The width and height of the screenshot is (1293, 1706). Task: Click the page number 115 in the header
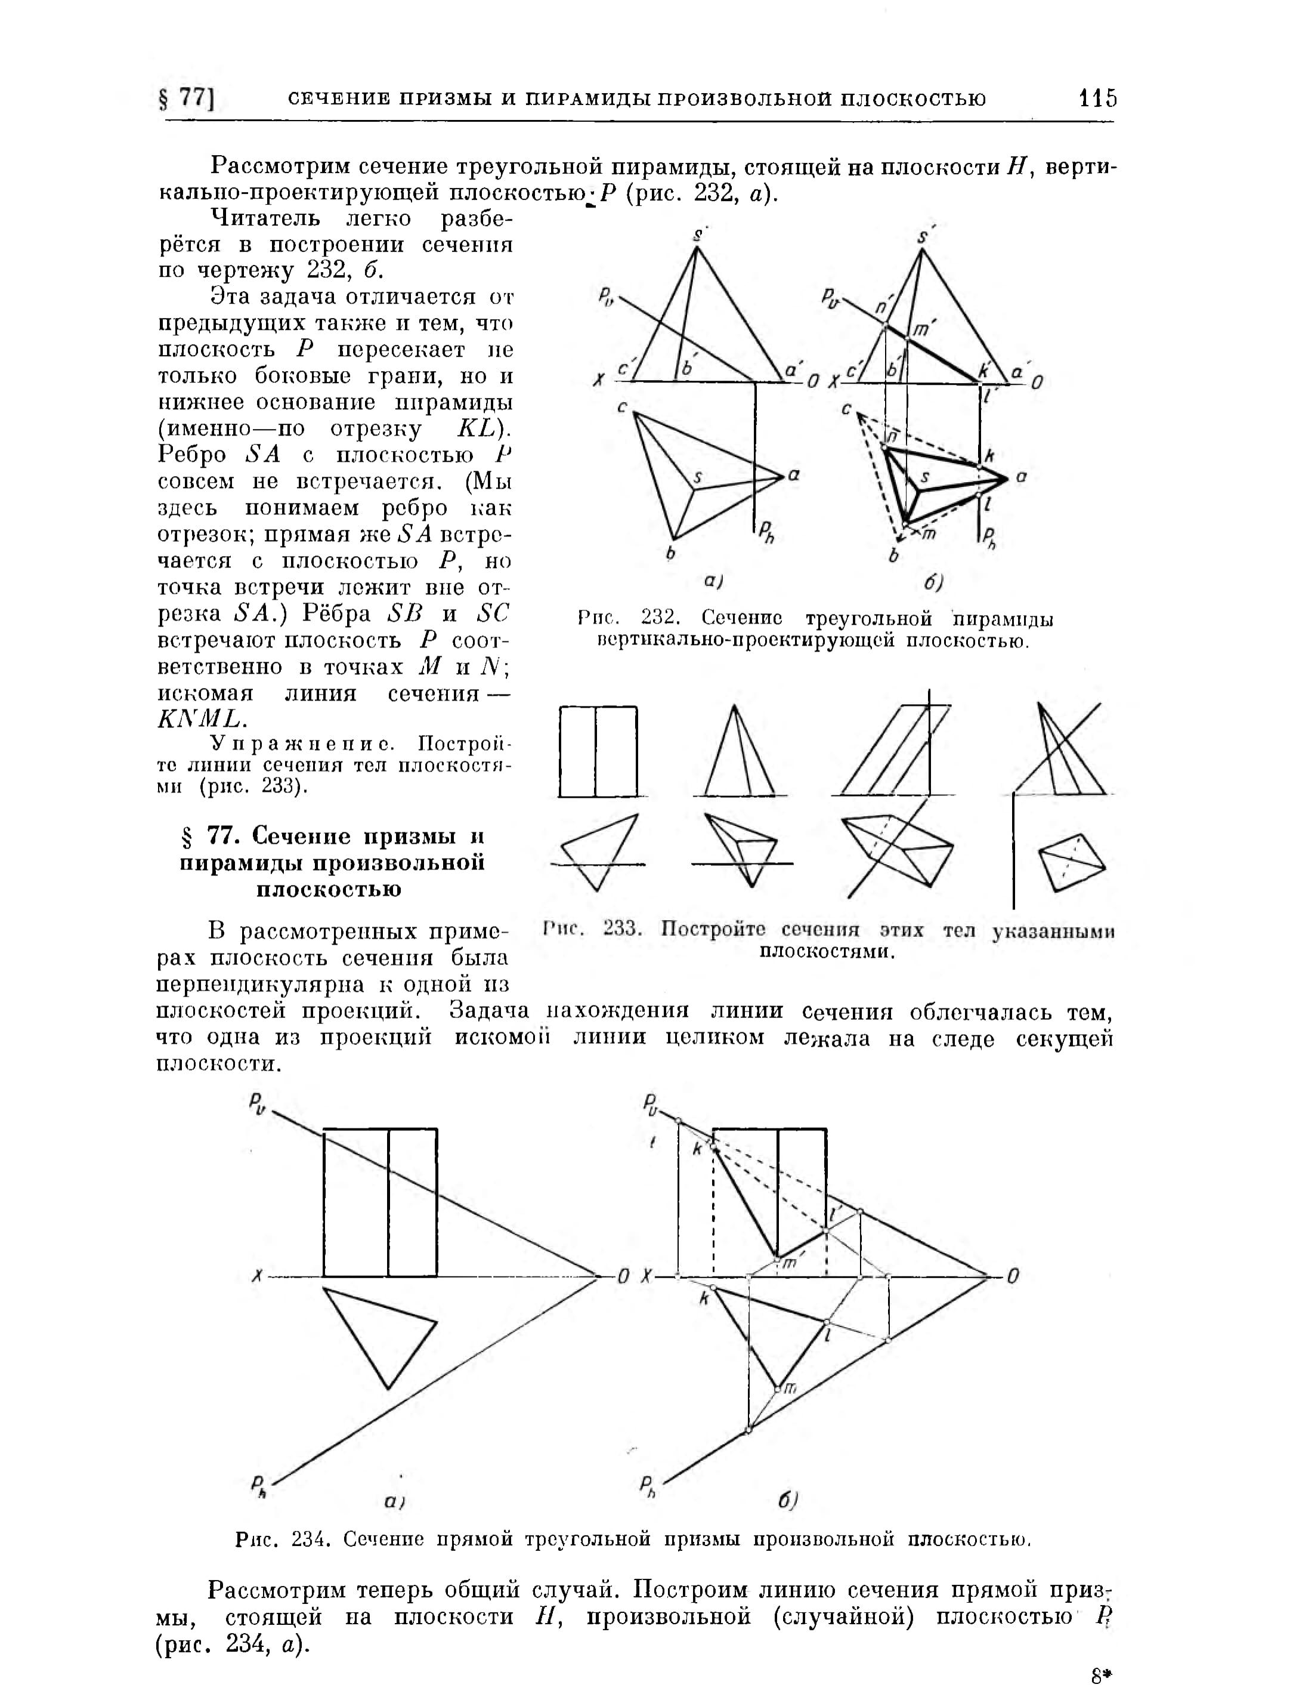point(1098,98)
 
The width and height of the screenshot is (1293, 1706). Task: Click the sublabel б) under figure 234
point(787,1500)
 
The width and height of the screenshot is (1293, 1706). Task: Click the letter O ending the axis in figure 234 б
point(1013,1276)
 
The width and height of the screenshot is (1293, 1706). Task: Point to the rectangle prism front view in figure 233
point(598,751)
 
